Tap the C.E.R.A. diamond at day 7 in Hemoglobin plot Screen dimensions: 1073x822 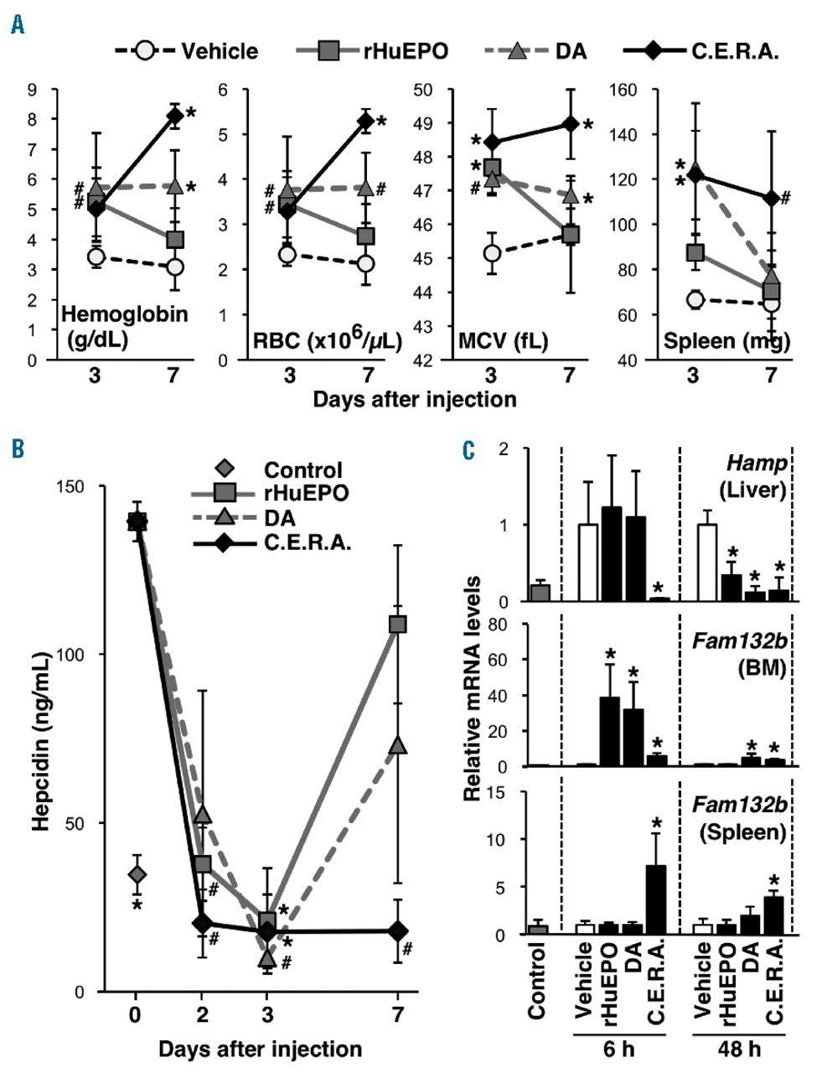[x=174, y=116]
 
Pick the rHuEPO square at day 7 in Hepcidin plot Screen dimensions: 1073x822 [x=398, y=624]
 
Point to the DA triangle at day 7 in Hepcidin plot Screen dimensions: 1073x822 [x=398, y=745]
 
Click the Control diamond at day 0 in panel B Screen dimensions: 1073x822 [x=137, y=874]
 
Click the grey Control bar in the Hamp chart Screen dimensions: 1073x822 [x=538, y=592]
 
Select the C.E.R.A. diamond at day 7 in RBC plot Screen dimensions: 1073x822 [x=365, y=122]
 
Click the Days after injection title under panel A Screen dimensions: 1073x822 [x=414, y=398]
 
